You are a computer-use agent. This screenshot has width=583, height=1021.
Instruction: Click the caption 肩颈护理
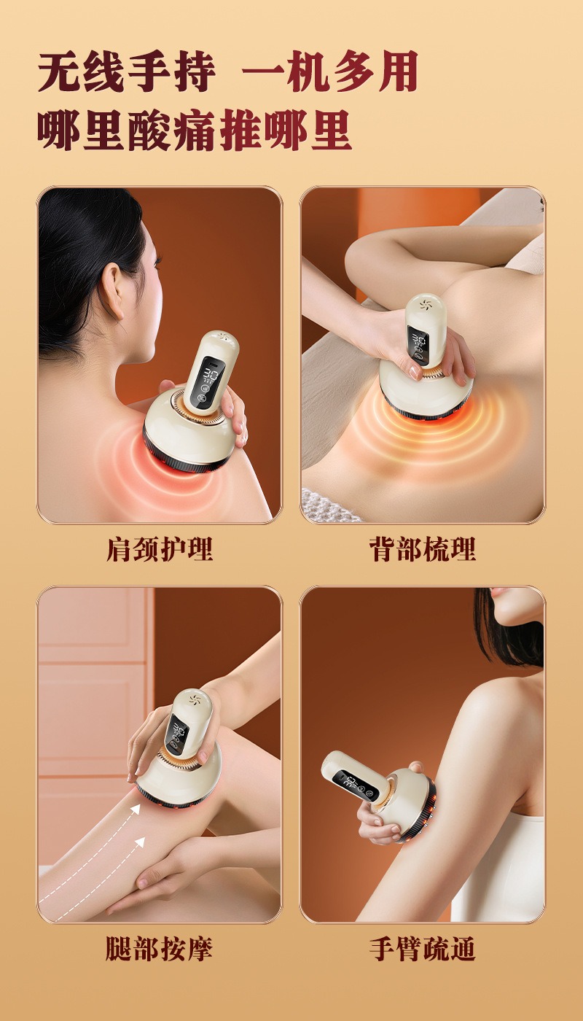click(160, 549)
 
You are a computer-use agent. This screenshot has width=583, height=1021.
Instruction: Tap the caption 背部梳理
click(422, 549)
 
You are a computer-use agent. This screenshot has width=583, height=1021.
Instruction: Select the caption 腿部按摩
click(160, 949)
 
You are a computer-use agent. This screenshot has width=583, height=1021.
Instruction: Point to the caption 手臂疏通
click(422, 949)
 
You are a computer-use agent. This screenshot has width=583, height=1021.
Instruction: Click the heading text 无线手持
click(127, 73)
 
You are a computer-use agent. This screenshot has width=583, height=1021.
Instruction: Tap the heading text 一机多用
click(329, 73)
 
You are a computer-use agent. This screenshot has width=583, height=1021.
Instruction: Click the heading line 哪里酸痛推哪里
click(195, 131)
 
